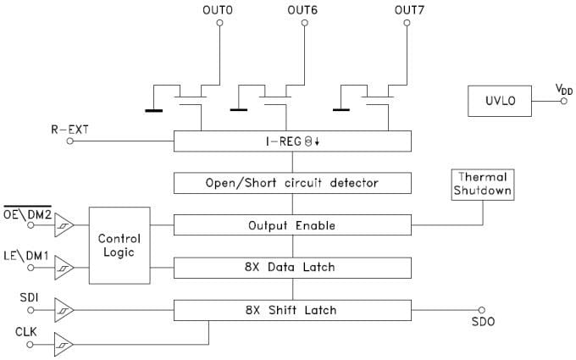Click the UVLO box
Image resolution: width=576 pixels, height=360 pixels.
[x=500, y=101]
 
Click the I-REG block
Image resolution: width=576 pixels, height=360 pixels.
[x=292, y=141]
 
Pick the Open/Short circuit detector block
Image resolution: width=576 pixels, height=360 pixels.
[x=292, y=182]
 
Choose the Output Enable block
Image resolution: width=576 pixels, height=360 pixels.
[x=292, y=225]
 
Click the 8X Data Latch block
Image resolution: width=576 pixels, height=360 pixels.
[x=292, y=268]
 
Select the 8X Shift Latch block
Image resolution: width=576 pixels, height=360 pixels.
[x=292, y=310]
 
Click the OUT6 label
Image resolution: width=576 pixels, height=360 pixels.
[x=302, y=9]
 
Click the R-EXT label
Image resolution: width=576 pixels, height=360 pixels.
[x=69, y=130]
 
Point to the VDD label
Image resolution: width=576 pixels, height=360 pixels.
[x=562, y=88]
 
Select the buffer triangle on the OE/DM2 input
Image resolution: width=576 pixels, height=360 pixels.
[x=65, y=225]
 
